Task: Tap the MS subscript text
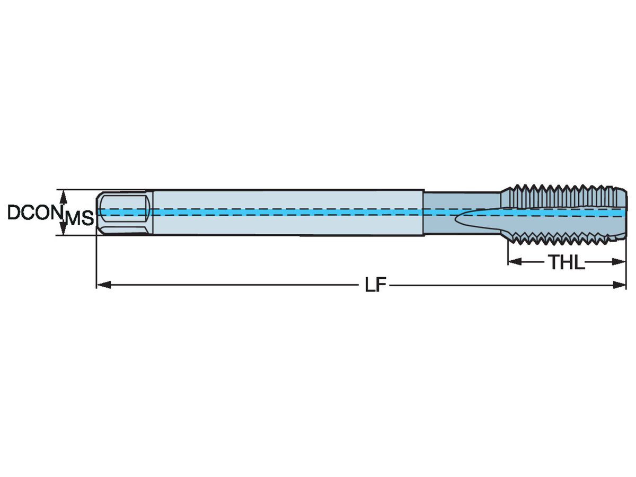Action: point(79,218)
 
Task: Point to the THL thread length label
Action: point(566,262)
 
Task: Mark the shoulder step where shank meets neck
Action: point(424,213)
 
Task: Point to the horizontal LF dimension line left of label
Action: point(233,285)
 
